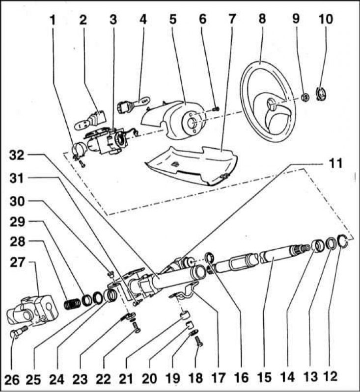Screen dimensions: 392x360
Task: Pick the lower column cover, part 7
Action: [187, 164]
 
